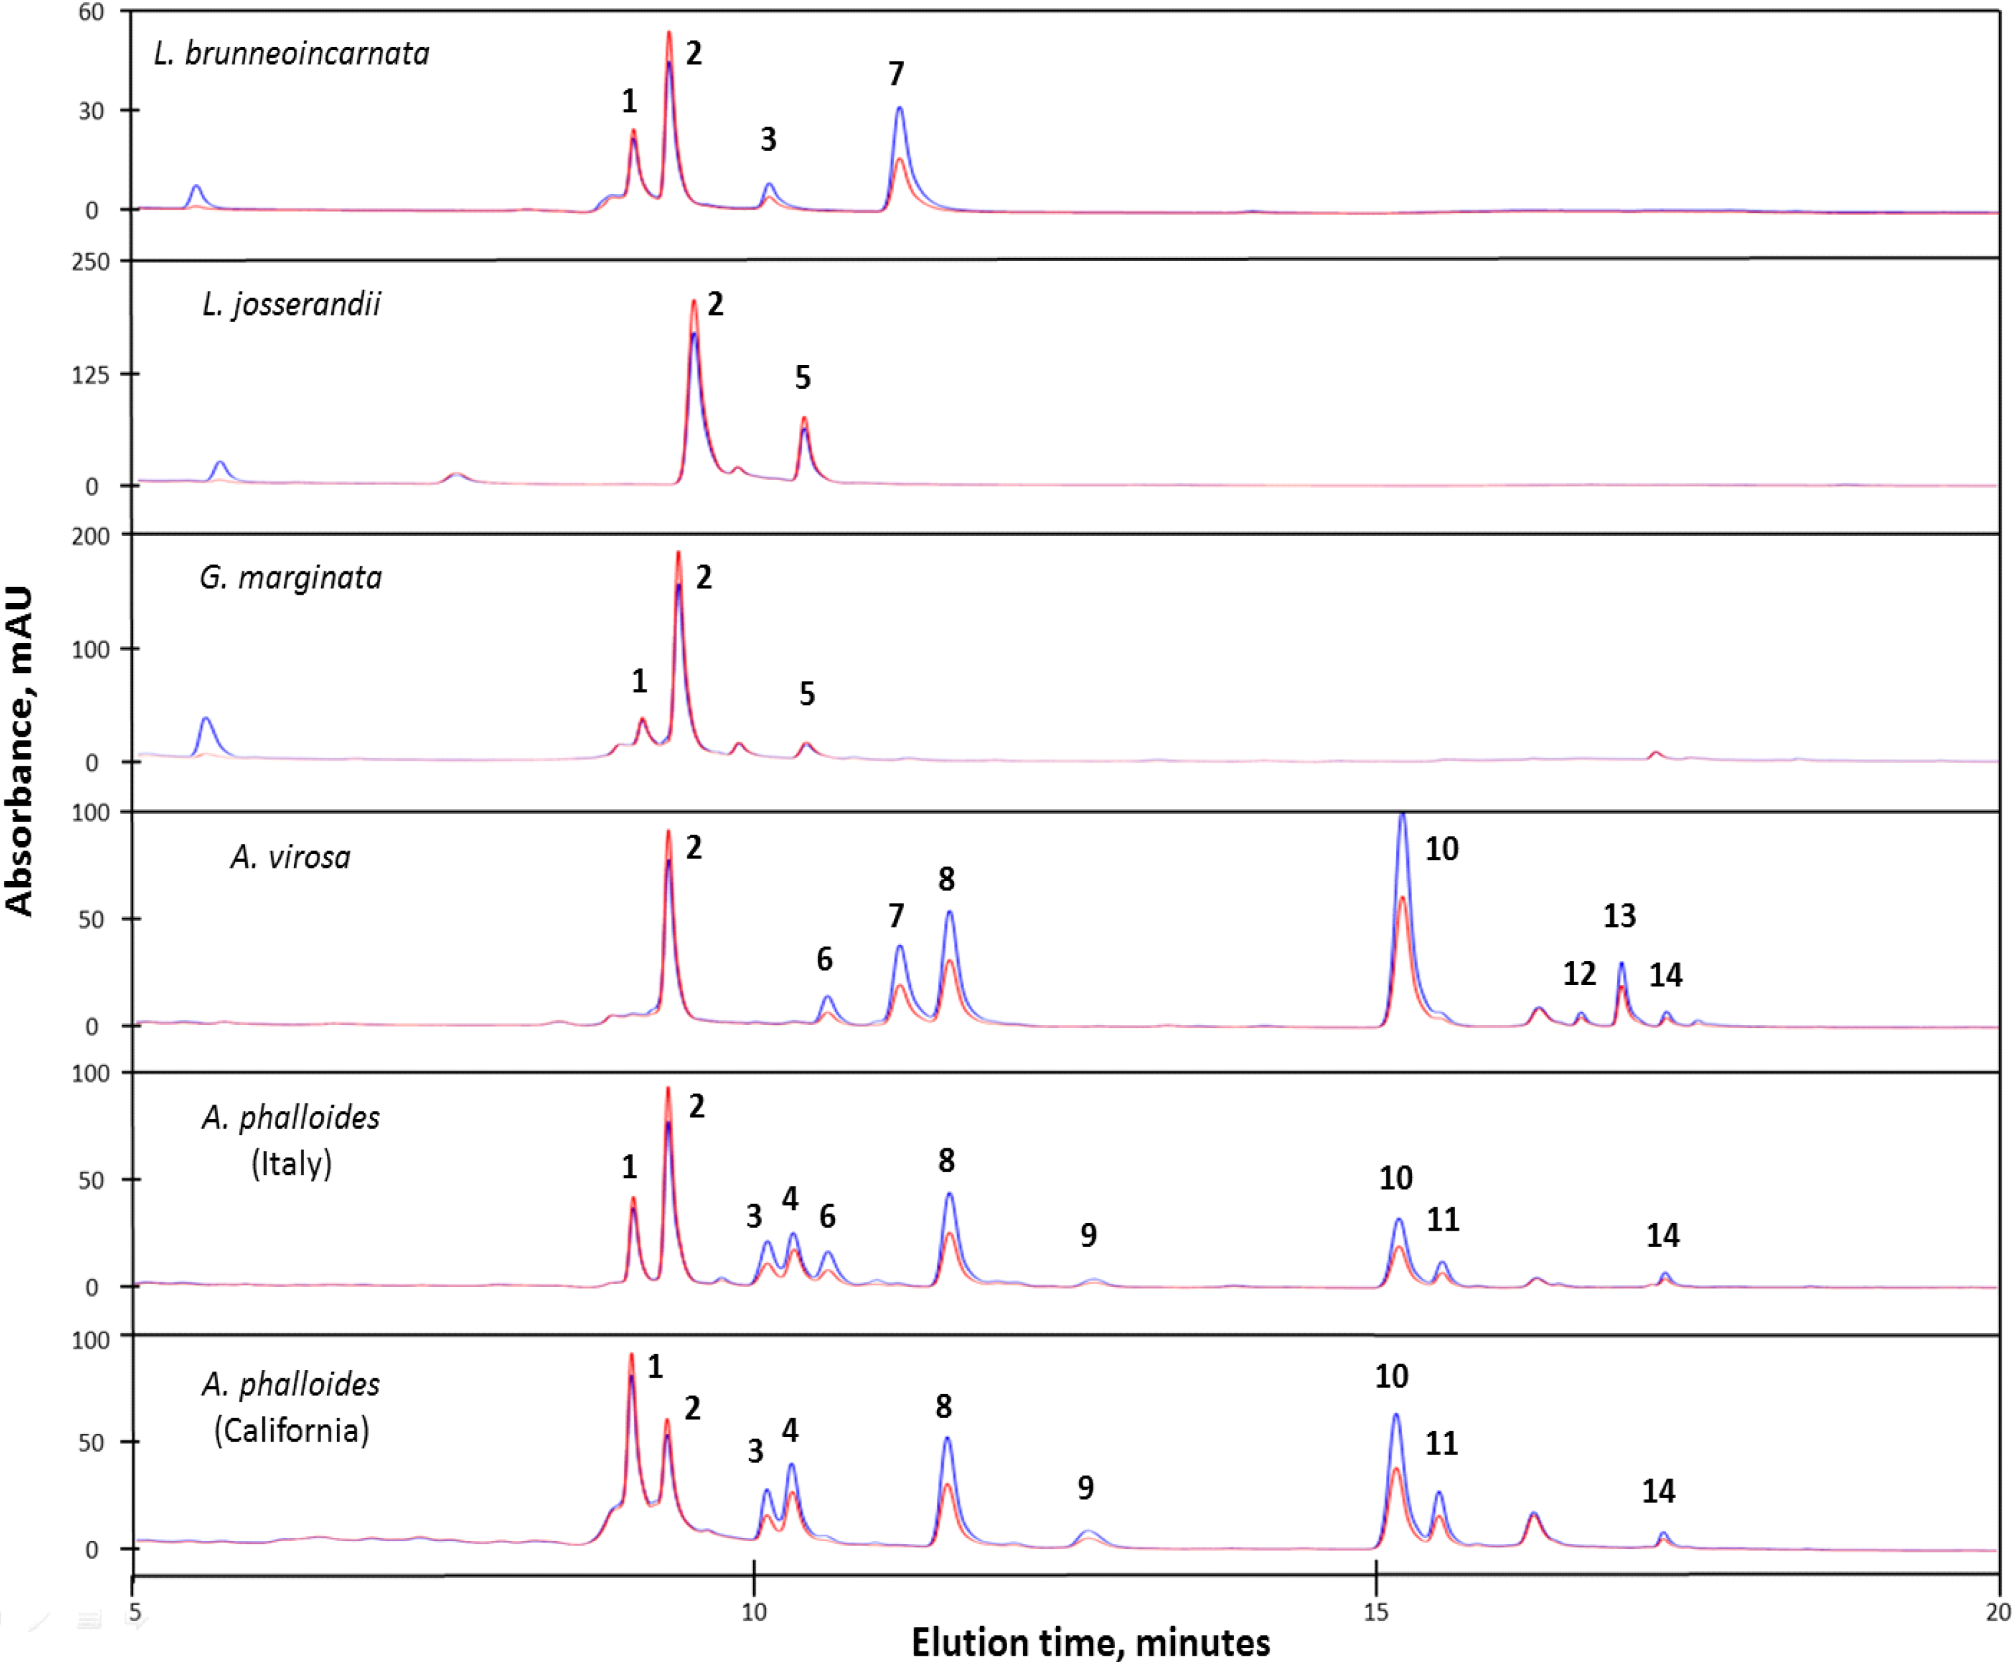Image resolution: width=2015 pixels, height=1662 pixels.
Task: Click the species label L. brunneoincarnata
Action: coord(291,54)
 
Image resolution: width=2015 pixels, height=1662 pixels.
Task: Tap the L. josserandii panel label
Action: coord(291,305)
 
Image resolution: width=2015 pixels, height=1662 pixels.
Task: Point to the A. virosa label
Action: coord(291,857)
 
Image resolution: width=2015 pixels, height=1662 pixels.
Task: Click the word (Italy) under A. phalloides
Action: coord(291,1164)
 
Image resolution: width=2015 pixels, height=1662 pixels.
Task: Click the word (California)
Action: coord(291,1430)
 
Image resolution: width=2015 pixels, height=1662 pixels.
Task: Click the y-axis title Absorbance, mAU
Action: coord(19,752)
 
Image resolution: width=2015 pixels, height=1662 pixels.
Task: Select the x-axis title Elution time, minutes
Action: coord(1090,1641)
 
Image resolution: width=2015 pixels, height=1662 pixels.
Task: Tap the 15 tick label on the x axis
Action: coord(1376,1612)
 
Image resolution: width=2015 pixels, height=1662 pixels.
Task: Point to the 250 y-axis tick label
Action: coord(91,262)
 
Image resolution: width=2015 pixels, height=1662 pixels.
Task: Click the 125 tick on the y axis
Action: coord(91,374)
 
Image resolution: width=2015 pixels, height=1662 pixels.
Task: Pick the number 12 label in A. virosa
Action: coord(1579,974)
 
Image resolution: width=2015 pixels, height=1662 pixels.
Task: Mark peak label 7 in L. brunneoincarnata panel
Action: coord(896,73)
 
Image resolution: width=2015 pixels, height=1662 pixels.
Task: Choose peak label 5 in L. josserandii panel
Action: coord(802,377)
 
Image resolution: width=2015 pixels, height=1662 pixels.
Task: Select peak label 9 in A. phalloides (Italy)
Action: coord(1088,1235)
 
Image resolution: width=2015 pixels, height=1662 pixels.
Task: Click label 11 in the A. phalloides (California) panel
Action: coord(1442,1443)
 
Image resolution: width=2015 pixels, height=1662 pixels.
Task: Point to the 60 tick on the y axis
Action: coord(91,13)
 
